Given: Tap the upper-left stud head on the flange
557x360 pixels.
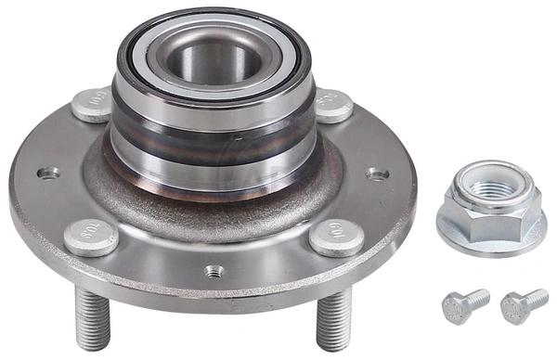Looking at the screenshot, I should click(x=91, y=104).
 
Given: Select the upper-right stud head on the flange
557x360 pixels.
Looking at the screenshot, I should click(x=332, y=105).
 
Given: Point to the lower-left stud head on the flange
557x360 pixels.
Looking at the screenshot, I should click(x=91, y=238).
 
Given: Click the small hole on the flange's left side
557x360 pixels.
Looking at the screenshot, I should click(x=46, y=173).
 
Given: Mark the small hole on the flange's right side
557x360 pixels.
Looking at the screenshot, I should click(x=375, y=174).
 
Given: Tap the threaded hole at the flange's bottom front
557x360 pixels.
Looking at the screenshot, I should click(x=214, y=271).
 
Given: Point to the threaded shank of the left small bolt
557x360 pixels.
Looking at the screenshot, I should click(x=476, y=299).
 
